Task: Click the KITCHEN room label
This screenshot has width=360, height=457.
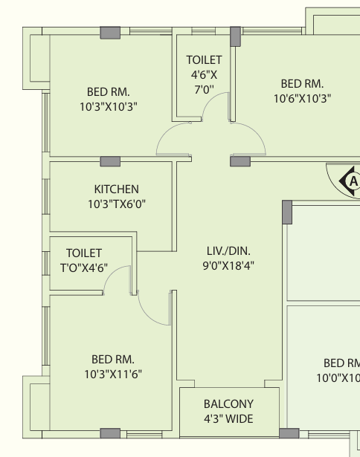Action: coord(116,189)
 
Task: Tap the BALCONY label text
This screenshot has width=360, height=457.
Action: coord(228,404)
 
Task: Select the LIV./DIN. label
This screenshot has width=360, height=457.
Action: coord(228,251)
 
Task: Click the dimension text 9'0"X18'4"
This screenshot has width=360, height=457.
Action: coord(228,265)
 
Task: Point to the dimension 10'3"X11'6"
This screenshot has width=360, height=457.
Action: coord(113,374)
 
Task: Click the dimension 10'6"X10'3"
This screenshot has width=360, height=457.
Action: coord(302,99)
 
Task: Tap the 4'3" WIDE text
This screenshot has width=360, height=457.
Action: coord(228,419)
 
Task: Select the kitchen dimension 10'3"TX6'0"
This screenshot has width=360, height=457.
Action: coord(117,204)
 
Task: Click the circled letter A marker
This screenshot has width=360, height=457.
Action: coord(353,181)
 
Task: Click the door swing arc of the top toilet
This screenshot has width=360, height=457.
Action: coord(208,100)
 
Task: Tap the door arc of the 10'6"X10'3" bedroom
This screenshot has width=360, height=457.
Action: coord(257,132)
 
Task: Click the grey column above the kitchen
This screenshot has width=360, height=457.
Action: coord(110,161)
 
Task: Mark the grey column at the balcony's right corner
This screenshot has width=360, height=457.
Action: coord(289,433)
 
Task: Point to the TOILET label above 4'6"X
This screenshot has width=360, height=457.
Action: coord(205,60)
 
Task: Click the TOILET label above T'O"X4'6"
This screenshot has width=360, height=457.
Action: coord(84,253)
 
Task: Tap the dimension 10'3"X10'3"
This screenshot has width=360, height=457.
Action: coord(109,107)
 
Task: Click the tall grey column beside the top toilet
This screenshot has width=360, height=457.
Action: coord(236,36)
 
